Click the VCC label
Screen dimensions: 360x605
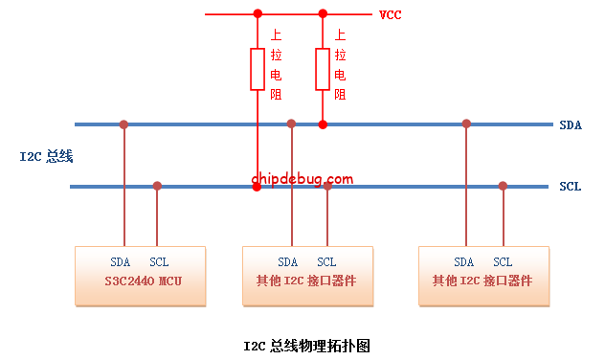[x=390, y=15]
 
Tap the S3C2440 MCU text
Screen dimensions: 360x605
[x=141, y=281]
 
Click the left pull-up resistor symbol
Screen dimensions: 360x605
[x=257, y=68]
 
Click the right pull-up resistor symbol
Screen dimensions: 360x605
[x=323, y=68]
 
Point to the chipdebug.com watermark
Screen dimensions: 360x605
[x=302, y=178]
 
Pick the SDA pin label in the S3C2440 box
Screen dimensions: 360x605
[x=121, y=262]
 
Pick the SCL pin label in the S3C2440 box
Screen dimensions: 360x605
[x=159, y=262]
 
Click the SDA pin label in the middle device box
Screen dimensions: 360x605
[x=288, y=262]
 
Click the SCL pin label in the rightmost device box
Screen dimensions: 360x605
[x=503, y=262]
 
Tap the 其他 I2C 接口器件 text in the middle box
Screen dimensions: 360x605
[x=306, y=281]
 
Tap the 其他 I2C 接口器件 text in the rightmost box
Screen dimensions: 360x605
[x=482, y=281]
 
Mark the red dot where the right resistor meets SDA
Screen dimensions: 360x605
[x=323, y=124]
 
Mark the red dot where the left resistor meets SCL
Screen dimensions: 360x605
[x=257, y=186]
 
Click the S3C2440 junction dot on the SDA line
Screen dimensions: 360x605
[x=123, y=124]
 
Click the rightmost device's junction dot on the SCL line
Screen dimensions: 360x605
[x=503, y=186]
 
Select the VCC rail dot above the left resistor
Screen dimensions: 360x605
[x=257, y=14]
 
